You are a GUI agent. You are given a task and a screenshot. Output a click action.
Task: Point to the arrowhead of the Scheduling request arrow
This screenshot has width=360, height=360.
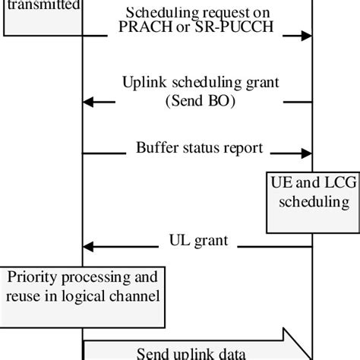tap(307, 35)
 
